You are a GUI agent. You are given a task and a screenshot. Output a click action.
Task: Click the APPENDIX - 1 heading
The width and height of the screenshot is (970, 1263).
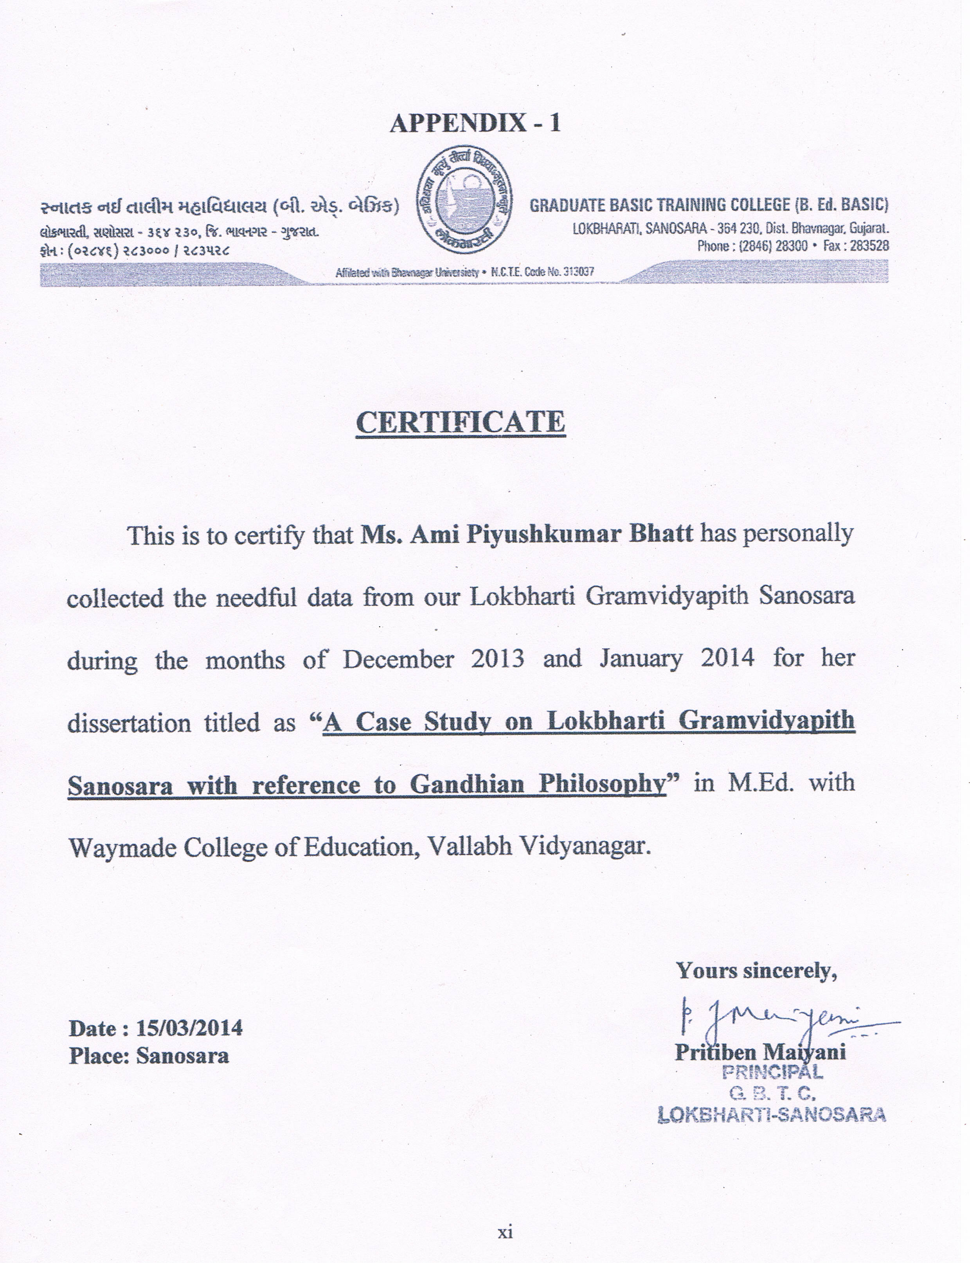tap(475, 123)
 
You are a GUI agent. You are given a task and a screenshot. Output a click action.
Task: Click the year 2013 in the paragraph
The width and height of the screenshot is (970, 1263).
tap(497, 659)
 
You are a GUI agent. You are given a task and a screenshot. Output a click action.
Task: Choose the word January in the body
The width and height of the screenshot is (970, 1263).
tap(641, 659)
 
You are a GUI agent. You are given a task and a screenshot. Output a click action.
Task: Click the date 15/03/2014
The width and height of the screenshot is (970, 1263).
tap(189, 1028)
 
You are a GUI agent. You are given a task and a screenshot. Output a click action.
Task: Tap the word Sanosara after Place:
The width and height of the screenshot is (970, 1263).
tap(182, 1056)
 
